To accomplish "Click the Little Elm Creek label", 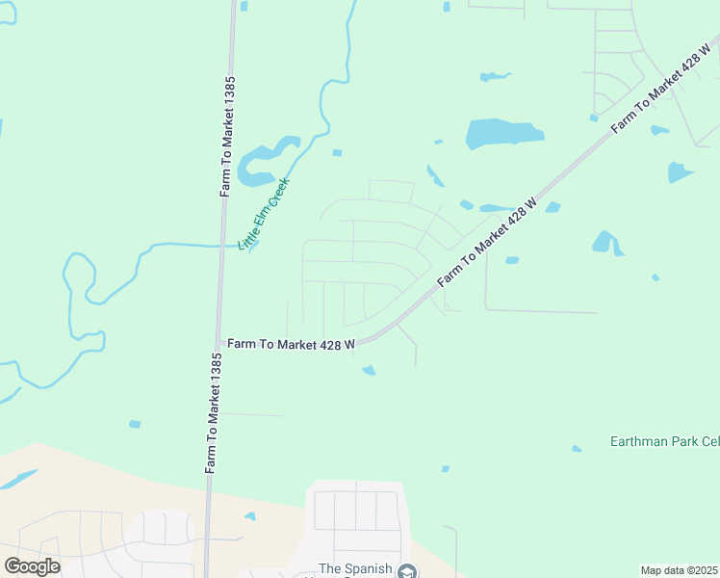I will pyautogui.click(x=265, y=213).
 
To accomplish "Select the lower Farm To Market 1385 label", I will pyautogui.click(x=216, y=412).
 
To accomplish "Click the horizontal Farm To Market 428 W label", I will pyautogui.click(x=291, y=343).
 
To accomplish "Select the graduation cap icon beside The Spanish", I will pyautogui.click(x=408, y=571).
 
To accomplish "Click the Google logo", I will pyautogui.click(x=32, y=565).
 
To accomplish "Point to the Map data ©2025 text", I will pyautogui.click(x=680, y=570).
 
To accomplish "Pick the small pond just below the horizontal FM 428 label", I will pyautogui.click(x=369, y=370).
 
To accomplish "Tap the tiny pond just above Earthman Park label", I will pyautogui.click(x=577, y=448).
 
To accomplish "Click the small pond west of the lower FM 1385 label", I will pyautogui.click(x=135, y=424).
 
